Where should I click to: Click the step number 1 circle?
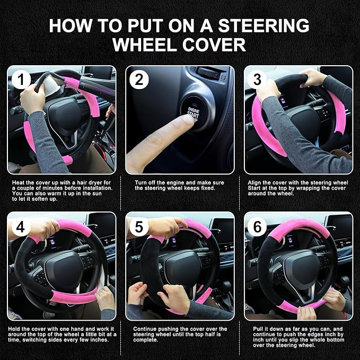[x=21, y=80]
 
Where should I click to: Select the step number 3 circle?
[x=258, y=80]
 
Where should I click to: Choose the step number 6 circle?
[x=258, y=226]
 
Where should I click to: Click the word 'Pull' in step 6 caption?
[x=256, y=329]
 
